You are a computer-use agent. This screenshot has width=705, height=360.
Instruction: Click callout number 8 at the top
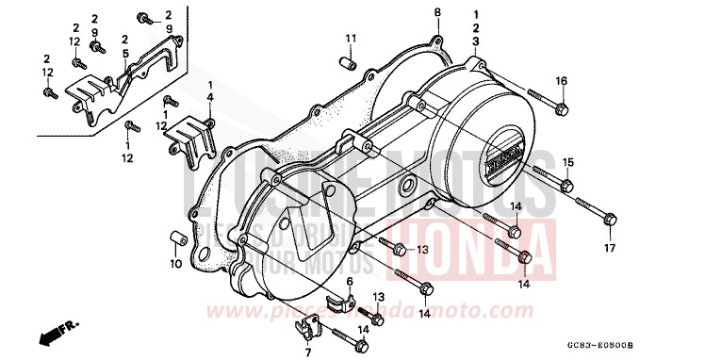(437, 11)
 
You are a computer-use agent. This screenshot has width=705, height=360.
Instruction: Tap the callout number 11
(351, 38)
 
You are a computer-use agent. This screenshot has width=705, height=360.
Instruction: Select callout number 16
(562, 81)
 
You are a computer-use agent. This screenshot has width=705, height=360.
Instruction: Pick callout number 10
(174, 265)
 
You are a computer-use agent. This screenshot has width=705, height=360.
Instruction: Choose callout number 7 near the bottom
(306, 352)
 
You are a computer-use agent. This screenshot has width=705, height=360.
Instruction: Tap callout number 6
(350, 282)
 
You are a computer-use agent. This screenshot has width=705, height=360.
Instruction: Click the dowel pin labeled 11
(347, 64)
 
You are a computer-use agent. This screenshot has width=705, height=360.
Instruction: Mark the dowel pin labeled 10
(175, 235)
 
